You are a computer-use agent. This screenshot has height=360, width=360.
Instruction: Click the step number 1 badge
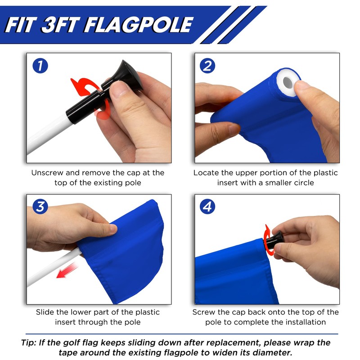pos(40,67)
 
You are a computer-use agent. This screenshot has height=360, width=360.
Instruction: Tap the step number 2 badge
pos(207,66)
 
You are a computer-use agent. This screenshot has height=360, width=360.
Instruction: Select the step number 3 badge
pos(40,207)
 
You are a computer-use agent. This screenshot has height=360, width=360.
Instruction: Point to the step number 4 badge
pos(207,207)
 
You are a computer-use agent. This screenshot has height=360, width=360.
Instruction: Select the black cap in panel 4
pos(274,242)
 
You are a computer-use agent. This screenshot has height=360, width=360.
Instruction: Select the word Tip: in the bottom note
pos(30,342)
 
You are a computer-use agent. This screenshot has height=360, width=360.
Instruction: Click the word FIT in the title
pos(20,25)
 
